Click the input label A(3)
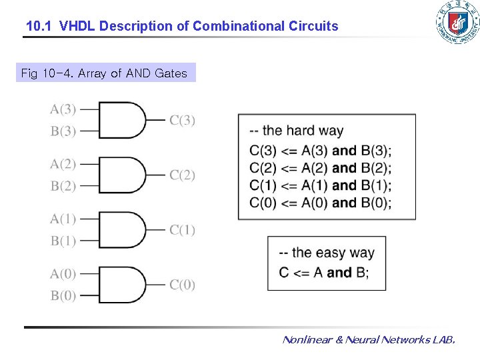[x=63, y=109]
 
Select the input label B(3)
[x=63, y=131]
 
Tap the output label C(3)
[x=182, y=120]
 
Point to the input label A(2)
[x=63, y=164]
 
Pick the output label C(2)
[x=182, y=175]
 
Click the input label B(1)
[x=63, y=241]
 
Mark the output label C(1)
[x=182, y=230]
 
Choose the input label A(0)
[x=63, y=273]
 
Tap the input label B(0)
[x=63, y=296]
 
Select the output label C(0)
[x=182, y=285]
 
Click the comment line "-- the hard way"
[x=296, y=131]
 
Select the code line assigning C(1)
[x=320, y=185]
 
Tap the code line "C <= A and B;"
[x=323, y=272]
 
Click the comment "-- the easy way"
[x=327, y=253]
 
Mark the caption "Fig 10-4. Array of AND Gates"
[x=104, y=73]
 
